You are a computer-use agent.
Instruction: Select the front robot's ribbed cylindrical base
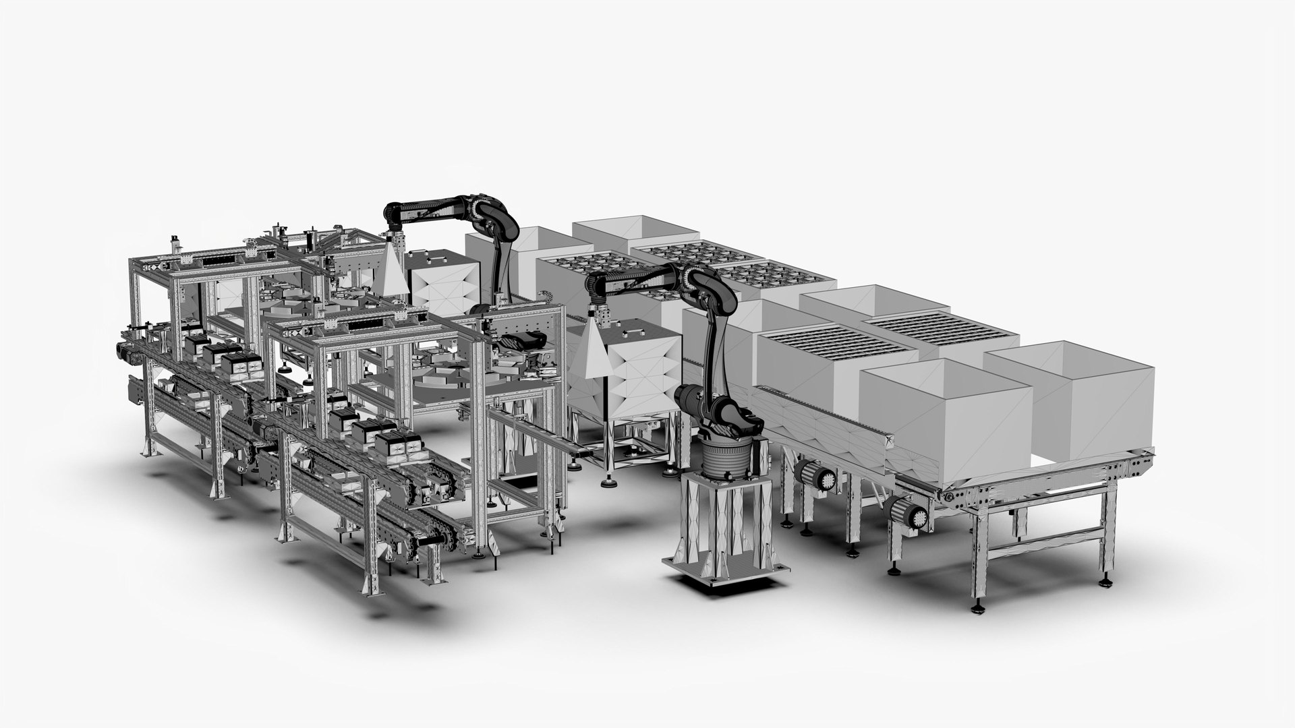[x=724, y=458]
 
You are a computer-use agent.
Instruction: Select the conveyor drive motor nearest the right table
[x=911, y=516]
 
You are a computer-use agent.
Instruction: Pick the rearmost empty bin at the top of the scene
[x=621, y=229]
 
